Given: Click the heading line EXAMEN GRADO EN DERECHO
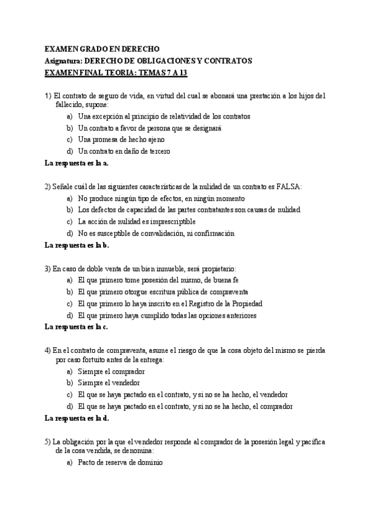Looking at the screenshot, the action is click(102, 49).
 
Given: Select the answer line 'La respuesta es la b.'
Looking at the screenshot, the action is click(77, 245).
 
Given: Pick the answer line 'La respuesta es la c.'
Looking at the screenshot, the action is click(77, 327).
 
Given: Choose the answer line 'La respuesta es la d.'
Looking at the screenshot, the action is click(77, 418).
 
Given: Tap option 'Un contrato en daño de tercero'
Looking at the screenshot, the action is click(124, 151).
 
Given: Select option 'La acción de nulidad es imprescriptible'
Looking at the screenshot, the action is click(137, 221).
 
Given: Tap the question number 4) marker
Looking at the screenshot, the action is click(48, 350).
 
